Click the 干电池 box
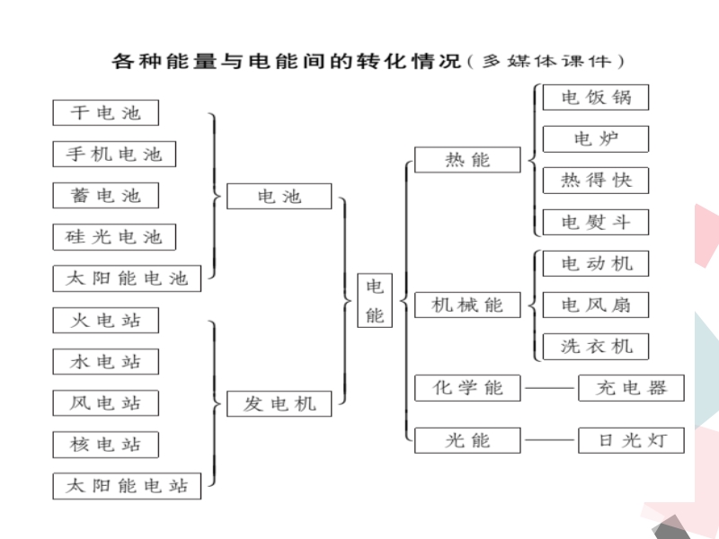click(105, 113)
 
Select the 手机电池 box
click(114, 154)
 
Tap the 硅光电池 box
click(114, 237)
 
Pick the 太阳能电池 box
click(127, 278)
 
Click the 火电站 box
click(105, 320)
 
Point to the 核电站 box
click(105, 445)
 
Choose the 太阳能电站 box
click(127, 486)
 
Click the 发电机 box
click(280, 403)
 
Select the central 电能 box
click(375, 300)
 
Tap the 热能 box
click(467, 160)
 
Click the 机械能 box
click(467, 305)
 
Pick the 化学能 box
click(467, 388)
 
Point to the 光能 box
click(467, 440)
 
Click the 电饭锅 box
click(596, 97)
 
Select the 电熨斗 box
click(596, 222)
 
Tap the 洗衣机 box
click(596, 347)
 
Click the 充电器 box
click(631, 388)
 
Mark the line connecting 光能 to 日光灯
click(549, 440)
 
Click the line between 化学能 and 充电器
click(549, 388)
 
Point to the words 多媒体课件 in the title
click(546, 61)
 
